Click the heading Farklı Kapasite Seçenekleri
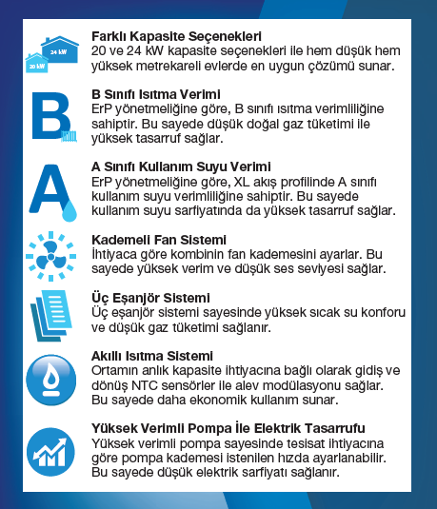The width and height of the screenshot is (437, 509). coord(169,35)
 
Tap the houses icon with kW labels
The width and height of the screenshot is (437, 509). coord(50,53)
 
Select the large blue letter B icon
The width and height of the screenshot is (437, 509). coord(50,116)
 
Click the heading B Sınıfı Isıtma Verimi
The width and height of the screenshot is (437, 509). coord(157,94)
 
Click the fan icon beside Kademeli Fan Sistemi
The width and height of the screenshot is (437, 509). coord(50,254)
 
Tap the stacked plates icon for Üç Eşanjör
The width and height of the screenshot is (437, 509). coord(50,315)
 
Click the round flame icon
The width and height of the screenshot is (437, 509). coord(50,379)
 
